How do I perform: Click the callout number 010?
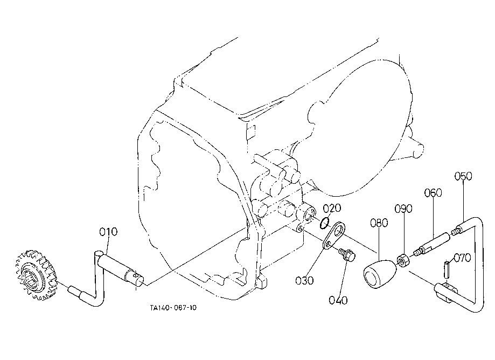[108, 232]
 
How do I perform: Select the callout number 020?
[332, 208]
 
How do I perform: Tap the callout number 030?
[304, 280]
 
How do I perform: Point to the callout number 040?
[338, 300]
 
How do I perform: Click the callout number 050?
[463, 176]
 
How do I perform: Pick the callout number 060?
[433, 192]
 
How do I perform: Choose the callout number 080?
[379, 223]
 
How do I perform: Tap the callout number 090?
[403, 209]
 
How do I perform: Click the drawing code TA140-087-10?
[173, 308]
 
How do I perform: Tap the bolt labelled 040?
[347, 255]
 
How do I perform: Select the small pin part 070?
[446, 269]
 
